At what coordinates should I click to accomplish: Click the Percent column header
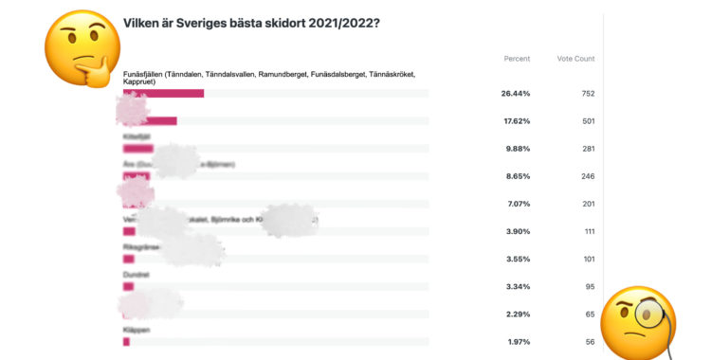[517, 59]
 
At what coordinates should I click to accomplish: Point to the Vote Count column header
[575, 59]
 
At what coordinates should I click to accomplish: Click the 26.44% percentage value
[516, 94]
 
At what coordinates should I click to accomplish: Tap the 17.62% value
[516, 121]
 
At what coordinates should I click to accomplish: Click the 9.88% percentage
[517, 149]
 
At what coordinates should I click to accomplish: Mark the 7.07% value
[517, 204]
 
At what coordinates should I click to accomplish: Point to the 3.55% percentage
[517, 259]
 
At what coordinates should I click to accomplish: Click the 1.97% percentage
[517, 341]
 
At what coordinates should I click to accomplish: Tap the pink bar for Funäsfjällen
[163, 93]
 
